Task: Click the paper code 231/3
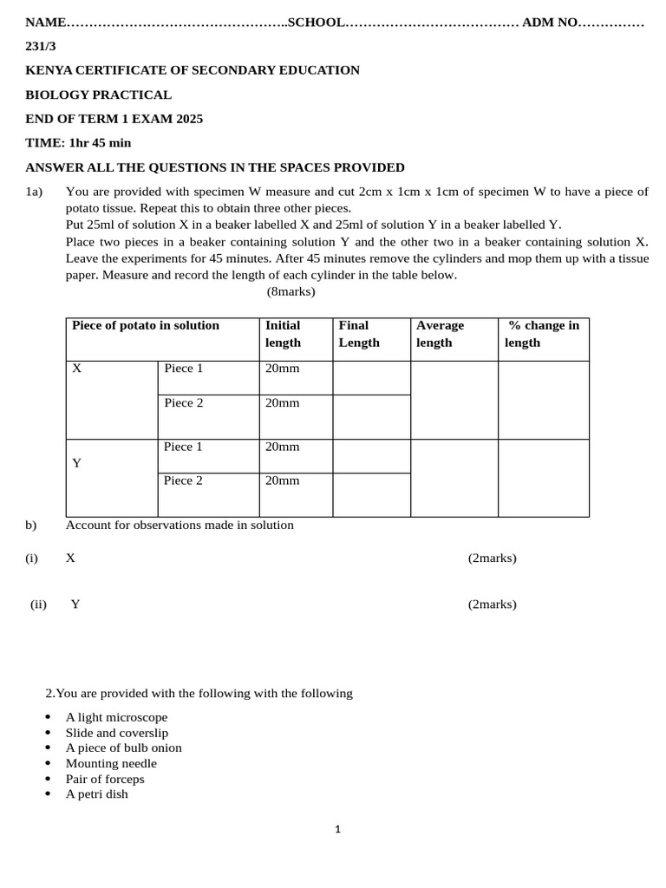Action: [x=40, y=46]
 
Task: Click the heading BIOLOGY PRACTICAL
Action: [x=98, y=95]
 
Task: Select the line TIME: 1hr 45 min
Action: [x=78, y=142]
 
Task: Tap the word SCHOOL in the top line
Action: [x=316, y=22]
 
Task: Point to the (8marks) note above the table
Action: [x=291, y=291]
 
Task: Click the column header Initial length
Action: [x=283, y=334]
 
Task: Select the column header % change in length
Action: [x=543, y=334]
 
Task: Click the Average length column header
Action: [x=441, y=334]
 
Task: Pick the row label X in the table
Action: [x=77, y=369]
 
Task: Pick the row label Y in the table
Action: [x=77, y=463]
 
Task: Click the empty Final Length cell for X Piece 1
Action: [x=371, y=378]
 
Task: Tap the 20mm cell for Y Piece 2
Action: [x=283, y=480]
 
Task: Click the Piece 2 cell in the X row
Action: [x=184, y=402]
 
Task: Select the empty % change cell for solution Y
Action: [x=543, y=478]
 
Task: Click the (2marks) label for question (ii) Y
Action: [x=492, y=604]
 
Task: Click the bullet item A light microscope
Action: [x=116, y=717]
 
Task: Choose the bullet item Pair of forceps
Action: [x=105, y=779]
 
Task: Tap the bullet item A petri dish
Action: [x=96, y=793]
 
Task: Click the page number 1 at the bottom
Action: [x=337, y=830]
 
